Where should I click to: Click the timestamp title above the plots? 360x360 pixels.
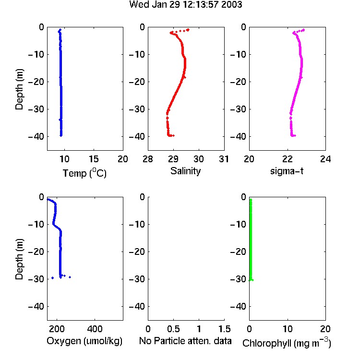click(x=185, y=4)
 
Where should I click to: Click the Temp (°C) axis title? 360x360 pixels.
click(x=84, y=173)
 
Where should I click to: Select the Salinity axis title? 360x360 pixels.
click(x=185, y=171)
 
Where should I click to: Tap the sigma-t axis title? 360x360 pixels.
click(x=287, y=171)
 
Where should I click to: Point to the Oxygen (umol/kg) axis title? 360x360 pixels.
click(x=84, y=341)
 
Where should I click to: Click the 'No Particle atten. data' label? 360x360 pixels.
click(x=185, y=341)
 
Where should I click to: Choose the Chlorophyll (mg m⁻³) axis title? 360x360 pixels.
click(x=287, y=343)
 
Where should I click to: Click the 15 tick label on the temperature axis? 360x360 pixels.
click(x=94, y=159)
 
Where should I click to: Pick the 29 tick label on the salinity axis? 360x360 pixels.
click(x=173, y=159)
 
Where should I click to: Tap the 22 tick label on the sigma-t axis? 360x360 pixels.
click(x=288, y=159)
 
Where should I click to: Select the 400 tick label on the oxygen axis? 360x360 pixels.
click(x=95, y=329)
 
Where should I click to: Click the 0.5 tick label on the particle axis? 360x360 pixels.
click(x=173, y=329)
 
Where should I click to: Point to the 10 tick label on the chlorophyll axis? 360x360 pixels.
click(x=288, y=329)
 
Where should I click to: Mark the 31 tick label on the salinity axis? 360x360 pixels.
click(x=224, y=159)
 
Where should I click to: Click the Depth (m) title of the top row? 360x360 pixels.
click(x=19, y=89)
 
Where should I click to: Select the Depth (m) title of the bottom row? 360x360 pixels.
click(x=19, y=259)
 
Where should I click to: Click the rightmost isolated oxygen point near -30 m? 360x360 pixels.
click(x=70, y=277)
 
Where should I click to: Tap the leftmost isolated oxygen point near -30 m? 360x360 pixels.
click(x=53, y=278)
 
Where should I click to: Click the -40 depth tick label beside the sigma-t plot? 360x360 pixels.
click(x=238, y=137)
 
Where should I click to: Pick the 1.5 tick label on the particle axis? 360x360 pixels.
click(x=224, y=329)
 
